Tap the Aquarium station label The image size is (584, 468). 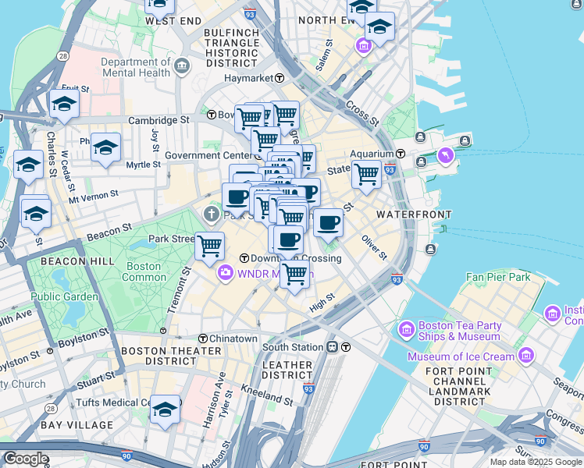tap(373, 154)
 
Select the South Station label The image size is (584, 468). tap(292, 346)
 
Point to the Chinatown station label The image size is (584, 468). tap(233, 339)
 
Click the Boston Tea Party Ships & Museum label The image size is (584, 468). tap(459, 331)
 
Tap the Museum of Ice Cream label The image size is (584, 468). tap(461, 356)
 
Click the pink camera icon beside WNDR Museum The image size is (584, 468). tap(225, 273)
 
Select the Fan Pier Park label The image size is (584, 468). tap(497, 277)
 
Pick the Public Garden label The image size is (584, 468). tap(65, 296)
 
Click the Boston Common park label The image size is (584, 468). tap(144, 271)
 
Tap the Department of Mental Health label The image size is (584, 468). tap(135, 67)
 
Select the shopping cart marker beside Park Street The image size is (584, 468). tap(209, 245)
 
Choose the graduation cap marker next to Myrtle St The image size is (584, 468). tap(105, 147)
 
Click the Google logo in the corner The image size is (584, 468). tap(25, 459)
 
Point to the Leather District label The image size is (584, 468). tap(287, 370)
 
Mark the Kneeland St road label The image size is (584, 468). tap(267, 394)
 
